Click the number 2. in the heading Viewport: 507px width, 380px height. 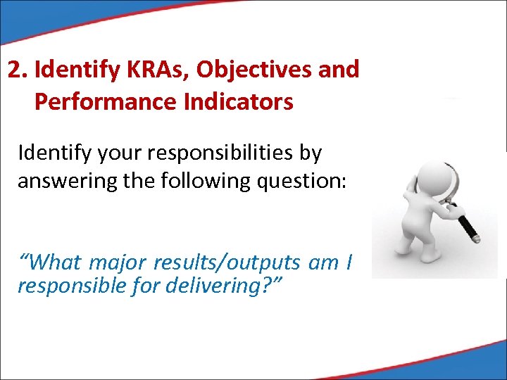(18, 70)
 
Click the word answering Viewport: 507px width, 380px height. (63, 181)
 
